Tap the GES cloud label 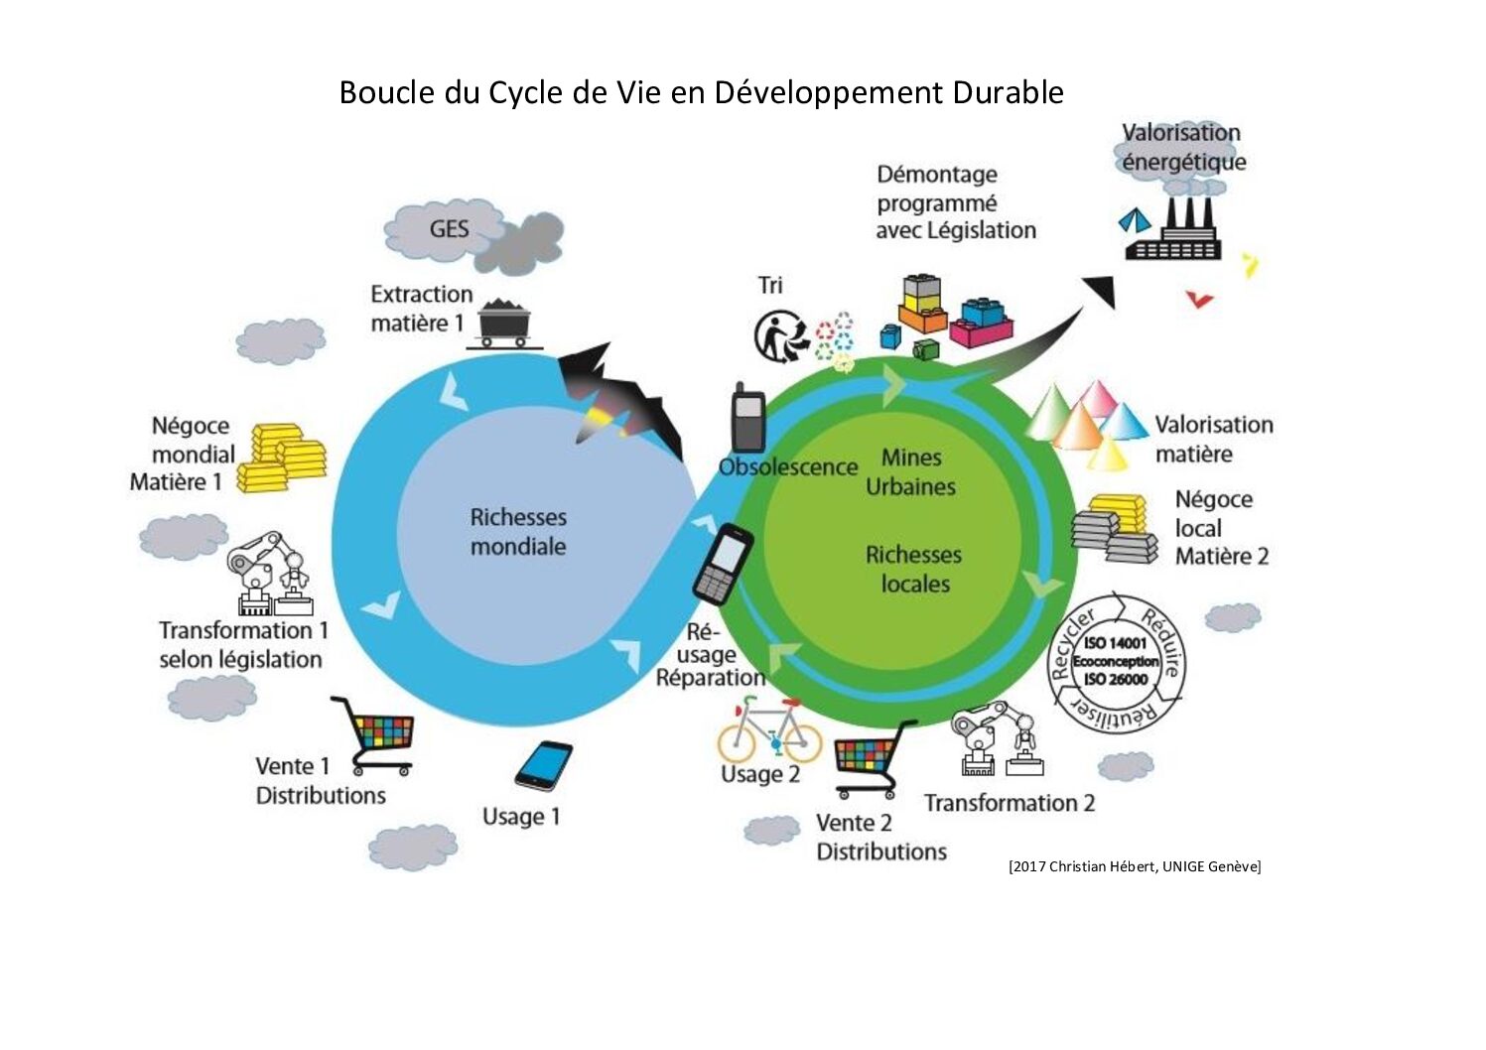(449, 229)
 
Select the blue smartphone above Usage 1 (543, 765)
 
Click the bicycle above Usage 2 (770, 731)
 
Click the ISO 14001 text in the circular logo (1115, 643)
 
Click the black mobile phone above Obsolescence (747, 419)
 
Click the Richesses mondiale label (518, 532)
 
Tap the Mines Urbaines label (910, 472)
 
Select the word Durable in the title (1008, 92)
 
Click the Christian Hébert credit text (1134, 866)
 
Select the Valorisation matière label (1213, 439)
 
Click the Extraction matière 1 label (420, 309)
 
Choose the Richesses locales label (913, 569)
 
